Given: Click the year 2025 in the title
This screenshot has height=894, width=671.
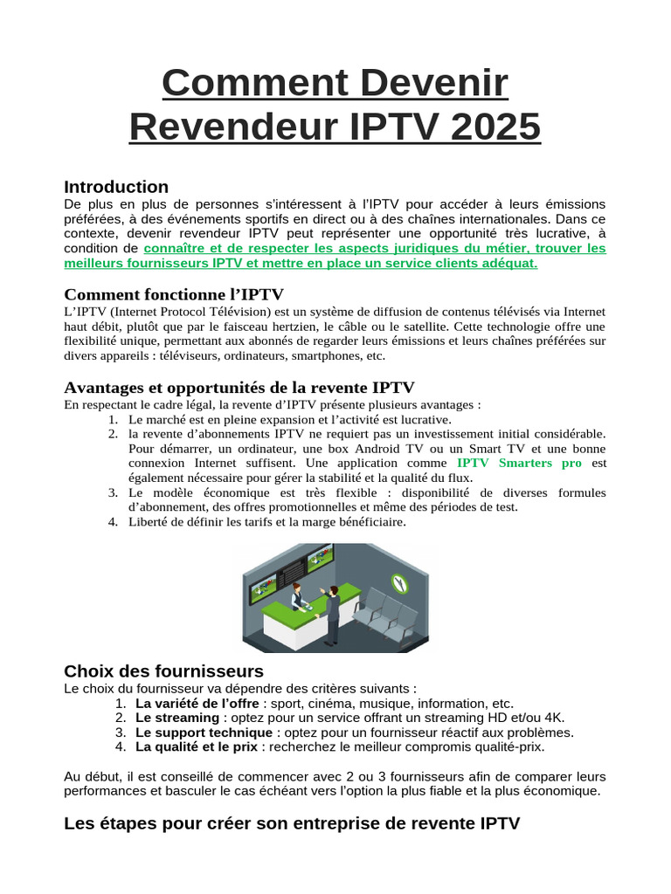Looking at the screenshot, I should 494,127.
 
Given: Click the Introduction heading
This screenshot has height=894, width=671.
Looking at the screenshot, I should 116,187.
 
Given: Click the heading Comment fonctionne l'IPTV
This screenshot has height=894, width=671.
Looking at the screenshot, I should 174,294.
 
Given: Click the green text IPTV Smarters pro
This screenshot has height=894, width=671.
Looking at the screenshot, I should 519,463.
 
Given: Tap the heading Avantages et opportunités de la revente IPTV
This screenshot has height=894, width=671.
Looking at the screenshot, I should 239,387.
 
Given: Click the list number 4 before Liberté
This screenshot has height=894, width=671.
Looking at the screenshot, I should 113,522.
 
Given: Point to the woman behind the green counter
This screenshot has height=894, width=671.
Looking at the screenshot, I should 296,596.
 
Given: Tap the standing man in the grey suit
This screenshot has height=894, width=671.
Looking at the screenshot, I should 332,614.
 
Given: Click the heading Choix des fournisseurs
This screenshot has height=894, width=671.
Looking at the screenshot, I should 163,670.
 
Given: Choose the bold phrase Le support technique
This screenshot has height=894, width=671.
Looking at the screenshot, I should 204,732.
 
